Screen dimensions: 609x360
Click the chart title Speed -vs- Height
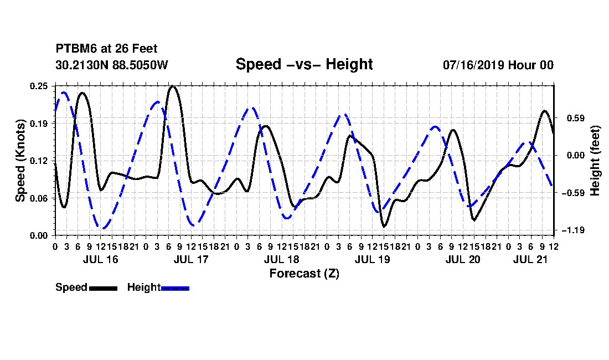pos(304,64)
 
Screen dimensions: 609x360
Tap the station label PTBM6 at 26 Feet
pos(106,49)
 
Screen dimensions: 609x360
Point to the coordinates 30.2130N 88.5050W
pos(111,65)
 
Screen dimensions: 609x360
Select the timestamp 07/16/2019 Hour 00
pos(498,65)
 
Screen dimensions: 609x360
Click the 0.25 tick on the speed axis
pos(39,86)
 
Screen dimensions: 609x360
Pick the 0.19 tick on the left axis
pos(39,124)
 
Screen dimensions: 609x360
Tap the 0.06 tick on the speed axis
pos(39,198)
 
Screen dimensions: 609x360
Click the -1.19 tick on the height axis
pos(573,230)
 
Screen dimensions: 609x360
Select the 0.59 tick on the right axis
pos(576,118)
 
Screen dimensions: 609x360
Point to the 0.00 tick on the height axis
pos(576,155)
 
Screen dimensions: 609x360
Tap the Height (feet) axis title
pos(595,161)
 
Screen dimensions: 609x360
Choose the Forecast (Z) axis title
pos(304,274)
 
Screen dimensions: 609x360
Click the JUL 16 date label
pos(100,259)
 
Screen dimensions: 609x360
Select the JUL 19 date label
pos(372,259)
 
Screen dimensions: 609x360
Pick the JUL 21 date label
pos(530,259)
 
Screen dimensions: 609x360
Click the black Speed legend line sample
pos(104,288)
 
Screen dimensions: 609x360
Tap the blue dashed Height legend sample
pos(175,288)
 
